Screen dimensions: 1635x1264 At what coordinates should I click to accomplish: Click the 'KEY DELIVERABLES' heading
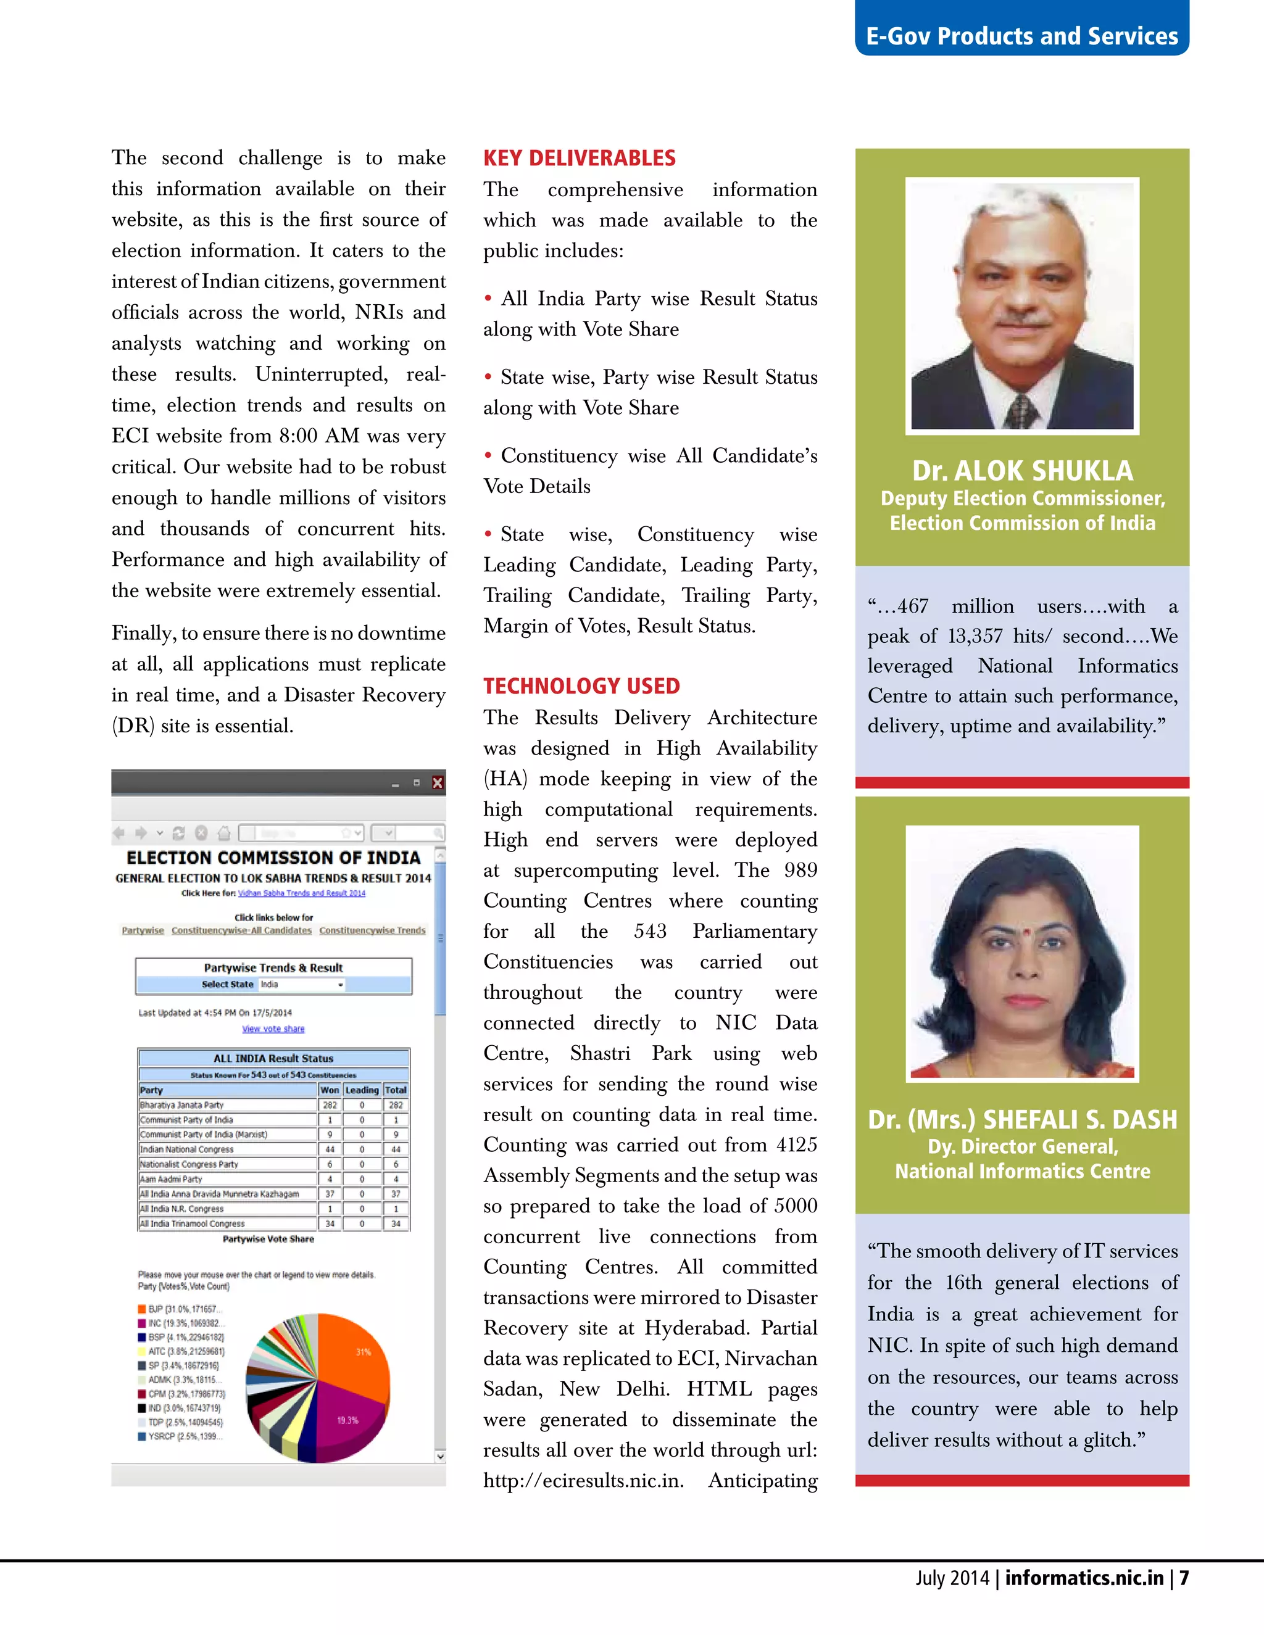(x=579, y=158)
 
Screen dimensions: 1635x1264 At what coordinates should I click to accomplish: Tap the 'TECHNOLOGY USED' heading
(x=581, y=685)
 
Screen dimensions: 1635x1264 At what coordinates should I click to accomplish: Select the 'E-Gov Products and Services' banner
(x=1021, y=36)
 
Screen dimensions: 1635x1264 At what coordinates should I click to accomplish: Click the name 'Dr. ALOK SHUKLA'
(x=1022, y=471)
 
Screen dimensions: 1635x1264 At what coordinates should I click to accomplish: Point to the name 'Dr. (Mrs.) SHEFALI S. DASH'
(x=1022, y=1119)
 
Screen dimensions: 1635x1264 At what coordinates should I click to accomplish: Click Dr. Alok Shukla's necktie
(x=1022, y=411)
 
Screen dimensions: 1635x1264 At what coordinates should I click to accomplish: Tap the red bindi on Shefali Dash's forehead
(x=1026, y=932)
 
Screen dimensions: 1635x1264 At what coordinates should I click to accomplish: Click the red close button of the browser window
(x=438, y=783)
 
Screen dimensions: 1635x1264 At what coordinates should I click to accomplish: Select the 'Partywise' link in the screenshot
(x=143, y=930)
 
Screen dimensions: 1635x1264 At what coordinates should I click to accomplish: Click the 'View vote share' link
(x=273, y=1029)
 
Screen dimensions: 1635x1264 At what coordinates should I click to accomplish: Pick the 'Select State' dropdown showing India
(x=302, y=985)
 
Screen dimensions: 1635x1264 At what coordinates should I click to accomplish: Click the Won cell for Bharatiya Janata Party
(x=330, y=1105)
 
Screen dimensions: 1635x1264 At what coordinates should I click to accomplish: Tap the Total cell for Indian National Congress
(x=396, y=1149)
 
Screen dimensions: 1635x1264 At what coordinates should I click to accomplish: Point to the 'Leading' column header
(x=362, y=1090)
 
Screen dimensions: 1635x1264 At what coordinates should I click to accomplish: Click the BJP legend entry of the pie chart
(x=180, y=1309)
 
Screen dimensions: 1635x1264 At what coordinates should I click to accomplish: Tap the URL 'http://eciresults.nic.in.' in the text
(x=583, y=1481)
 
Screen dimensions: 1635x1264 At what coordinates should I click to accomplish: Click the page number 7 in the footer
(x=1184, y=1578)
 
